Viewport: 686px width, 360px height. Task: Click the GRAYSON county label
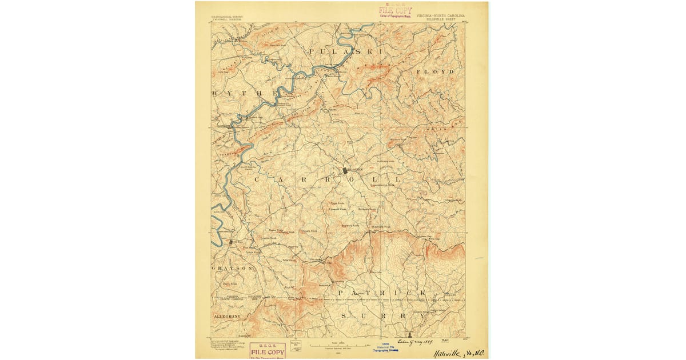(x=232, y=268)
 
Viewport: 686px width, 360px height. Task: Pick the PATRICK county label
(x=382, y=293)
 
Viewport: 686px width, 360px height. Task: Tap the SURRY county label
(x=382, y=315)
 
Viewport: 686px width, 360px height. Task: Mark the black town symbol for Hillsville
(x=345, y=170)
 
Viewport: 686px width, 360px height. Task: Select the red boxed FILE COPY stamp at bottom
(x=268, y=350)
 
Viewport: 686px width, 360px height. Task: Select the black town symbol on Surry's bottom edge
(x=409, y=333)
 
